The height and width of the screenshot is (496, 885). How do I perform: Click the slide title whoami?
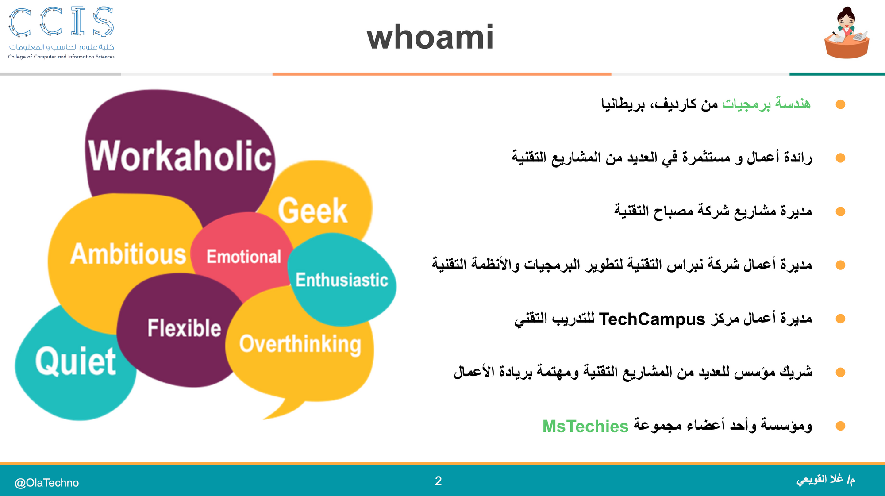(430, 37)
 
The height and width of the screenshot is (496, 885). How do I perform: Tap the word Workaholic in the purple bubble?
(180, 156)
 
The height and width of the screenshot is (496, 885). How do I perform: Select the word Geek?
(312, 211)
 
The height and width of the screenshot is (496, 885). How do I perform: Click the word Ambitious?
(128, 254)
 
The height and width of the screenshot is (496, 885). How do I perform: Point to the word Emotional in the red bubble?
(244, 257)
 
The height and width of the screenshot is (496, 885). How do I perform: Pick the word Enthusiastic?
(342, 280)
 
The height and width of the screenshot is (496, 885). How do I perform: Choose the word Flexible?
(184, 328)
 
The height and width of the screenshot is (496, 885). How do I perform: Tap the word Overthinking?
(300, 345)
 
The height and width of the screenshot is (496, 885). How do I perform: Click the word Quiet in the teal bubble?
(76, 361)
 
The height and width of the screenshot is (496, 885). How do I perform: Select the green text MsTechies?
(585, 426)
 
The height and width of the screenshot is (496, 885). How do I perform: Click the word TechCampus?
(652, 319)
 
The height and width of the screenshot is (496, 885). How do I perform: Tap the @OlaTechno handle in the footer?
(47, 483)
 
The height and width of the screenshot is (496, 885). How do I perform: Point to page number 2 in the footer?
(438, 481)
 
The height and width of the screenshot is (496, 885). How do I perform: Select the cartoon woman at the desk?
(847, 33)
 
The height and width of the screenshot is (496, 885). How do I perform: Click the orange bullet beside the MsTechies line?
(840, 426)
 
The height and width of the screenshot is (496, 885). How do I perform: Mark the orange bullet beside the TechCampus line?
(840, 319)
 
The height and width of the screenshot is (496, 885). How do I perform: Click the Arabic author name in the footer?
(826, 480)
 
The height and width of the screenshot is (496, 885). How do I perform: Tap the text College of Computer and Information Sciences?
(61, 57)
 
